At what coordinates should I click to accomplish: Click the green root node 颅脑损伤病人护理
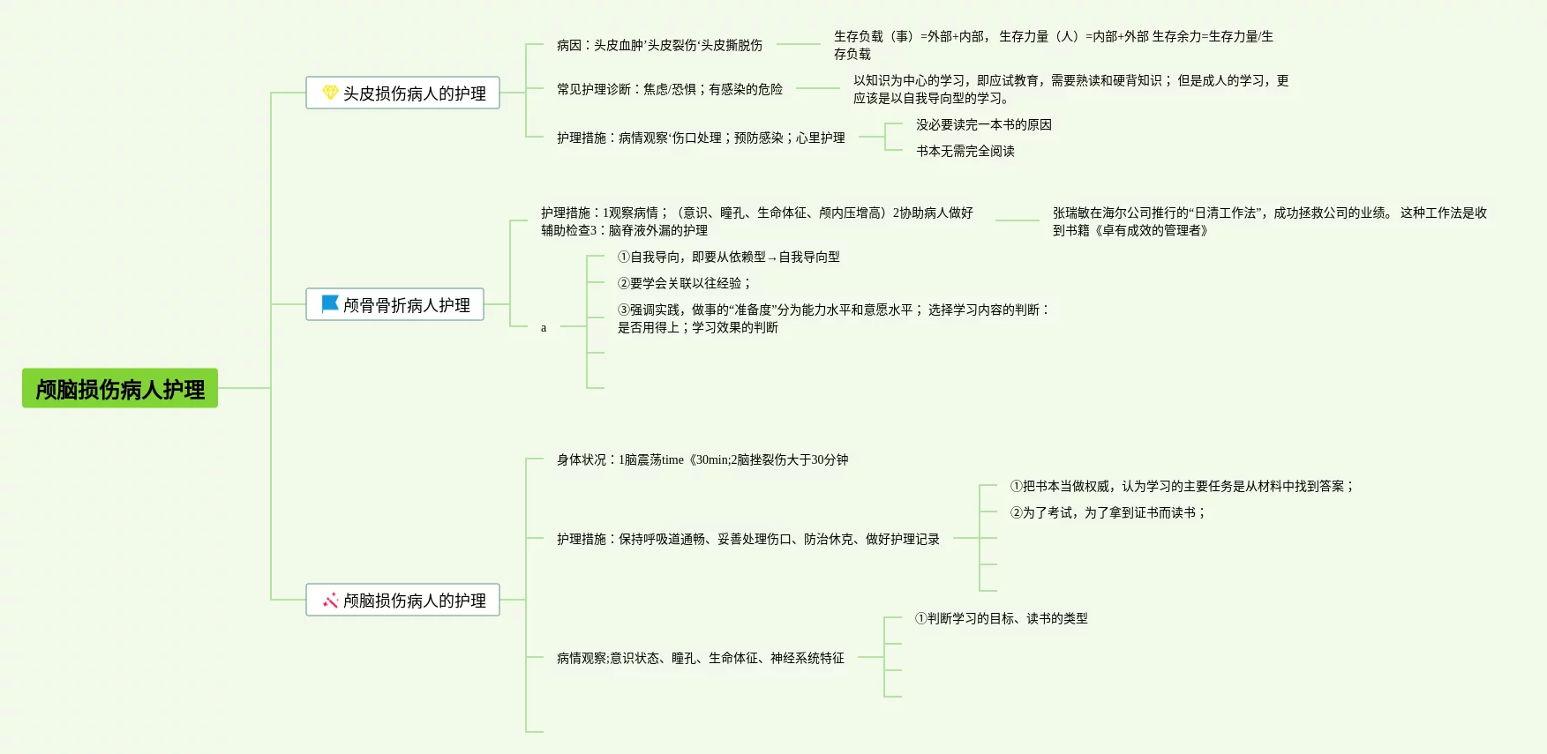click(x=120, y=389)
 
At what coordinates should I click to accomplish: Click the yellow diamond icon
click(x=330, y=93)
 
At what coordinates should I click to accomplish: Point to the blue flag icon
click(x=330, y=304)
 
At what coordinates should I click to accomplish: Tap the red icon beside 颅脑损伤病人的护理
click(x=330, y=601)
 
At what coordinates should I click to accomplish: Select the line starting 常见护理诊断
click(x=669, y=89)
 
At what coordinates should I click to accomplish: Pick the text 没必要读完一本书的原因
click(x=983, y=124)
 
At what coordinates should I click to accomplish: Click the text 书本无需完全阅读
click(x=965, y=151)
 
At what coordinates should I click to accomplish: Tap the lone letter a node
click(x=544, y=327)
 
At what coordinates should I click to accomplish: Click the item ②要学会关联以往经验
click(x=684, y=283)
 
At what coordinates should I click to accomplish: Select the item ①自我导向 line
click(x=728, y=257)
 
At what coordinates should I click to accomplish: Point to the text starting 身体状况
click(x=702, y=459)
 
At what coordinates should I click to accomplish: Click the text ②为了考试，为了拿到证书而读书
click(x=1107, y=512)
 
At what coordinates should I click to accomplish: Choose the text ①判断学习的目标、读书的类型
click(x=1001, y=618)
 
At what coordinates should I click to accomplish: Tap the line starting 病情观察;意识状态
click(x=700, y=658)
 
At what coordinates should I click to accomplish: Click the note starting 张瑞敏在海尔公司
click(x=1269, y=221)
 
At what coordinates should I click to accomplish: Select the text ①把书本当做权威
click(x=1181, y=486)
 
